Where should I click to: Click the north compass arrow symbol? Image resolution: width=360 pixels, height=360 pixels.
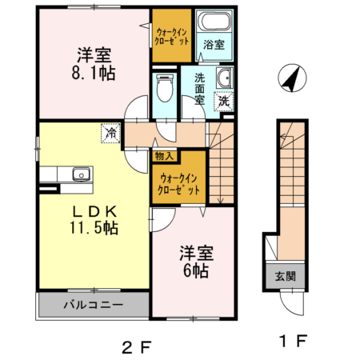tap(290, 78)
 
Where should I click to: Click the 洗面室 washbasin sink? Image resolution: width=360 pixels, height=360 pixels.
tap(226, 78)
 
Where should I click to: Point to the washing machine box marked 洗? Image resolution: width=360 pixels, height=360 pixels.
tap(225, 101)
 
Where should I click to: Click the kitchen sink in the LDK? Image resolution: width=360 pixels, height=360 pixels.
tap(81, 175)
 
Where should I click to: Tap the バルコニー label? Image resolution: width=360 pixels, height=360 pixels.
tap(93, 306)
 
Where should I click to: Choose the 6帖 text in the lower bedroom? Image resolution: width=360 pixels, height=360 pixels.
tap(196, 271)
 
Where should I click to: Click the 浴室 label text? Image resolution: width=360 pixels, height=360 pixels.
tap(213, 45)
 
